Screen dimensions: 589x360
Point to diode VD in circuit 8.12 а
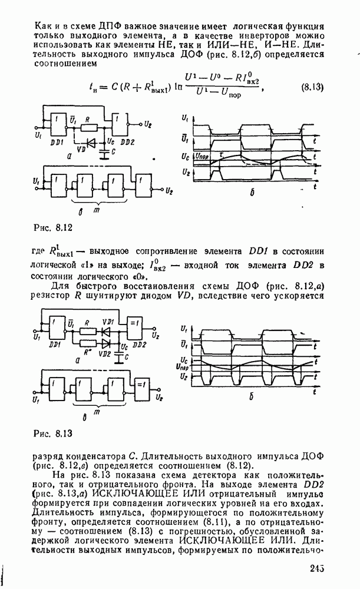tap(90, 143)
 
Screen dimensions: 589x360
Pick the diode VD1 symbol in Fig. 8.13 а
tap(107, 332)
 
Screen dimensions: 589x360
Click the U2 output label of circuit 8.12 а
tap(148, 125)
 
